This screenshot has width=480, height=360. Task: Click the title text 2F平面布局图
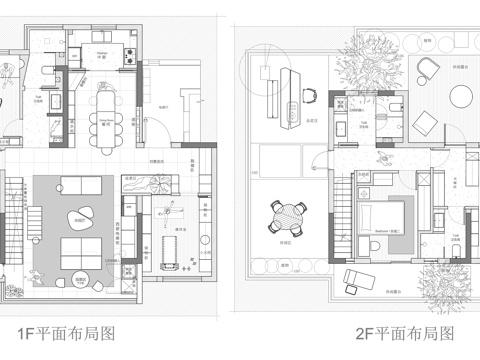405,335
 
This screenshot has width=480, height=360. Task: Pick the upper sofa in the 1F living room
77,185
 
